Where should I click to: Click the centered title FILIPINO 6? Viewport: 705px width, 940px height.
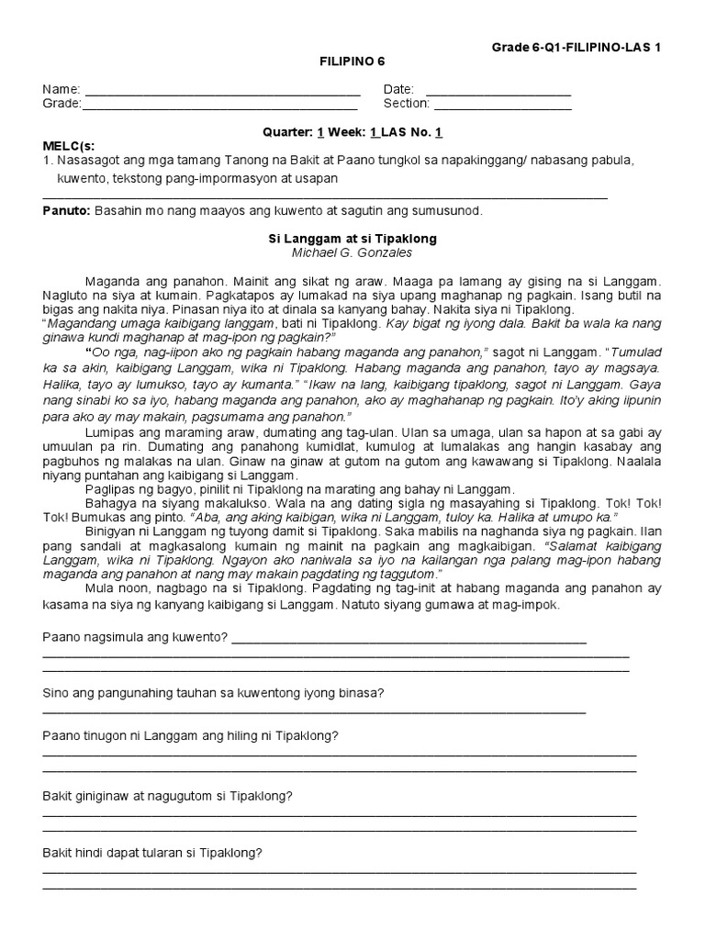click(x=352, y=62)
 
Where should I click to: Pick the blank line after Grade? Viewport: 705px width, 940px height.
click(x=219, y=105)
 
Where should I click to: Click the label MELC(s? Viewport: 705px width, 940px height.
click(x=69, y=146)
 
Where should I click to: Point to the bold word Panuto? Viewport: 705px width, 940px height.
click(x=65, y=211)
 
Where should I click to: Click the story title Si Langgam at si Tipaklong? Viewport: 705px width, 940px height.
click(x=352, y=239)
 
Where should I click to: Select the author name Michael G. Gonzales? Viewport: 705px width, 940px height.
click(x=352, y=252)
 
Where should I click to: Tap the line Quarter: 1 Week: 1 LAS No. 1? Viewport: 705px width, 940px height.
click(x=352, y=132)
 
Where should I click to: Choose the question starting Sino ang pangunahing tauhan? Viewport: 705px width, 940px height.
click(x=213, y=693)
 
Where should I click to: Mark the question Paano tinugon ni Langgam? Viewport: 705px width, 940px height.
click(x=190, y=736)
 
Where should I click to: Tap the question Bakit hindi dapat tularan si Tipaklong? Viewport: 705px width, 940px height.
click(x=152, y=853)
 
